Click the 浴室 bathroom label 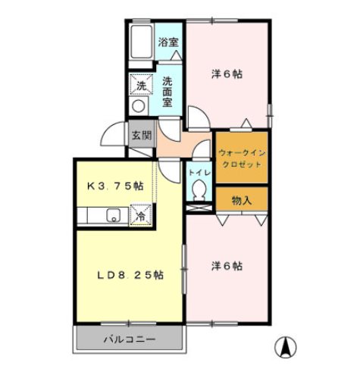(168, 42)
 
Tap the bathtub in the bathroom (142, 42)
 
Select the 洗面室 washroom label (167, 92)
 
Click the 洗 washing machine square (142, 85)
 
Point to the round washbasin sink (139, 106)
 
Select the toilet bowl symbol (199, 190)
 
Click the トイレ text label (199, 173)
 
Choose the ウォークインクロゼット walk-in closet (242, 157)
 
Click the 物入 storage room (242, 199)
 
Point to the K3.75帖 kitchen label (115, 186)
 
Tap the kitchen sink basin (114, 215)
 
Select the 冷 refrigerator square (141, 215)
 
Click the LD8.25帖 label (130, 275)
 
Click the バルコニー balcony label (130, 339)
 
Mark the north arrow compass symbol (286, 347)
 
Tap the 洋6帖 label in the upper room (227, 74)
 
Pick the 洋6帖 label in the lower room (227, 266)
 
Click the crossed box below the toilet (199, 208)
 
